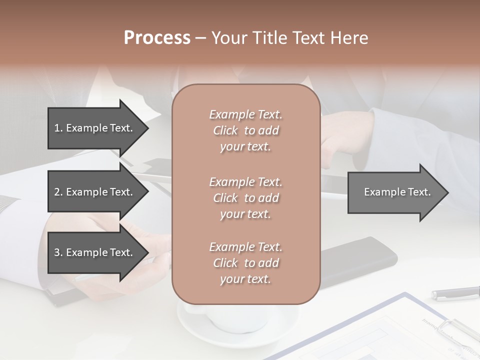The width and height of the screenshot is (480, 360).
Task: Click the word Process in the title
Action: click(157, 38)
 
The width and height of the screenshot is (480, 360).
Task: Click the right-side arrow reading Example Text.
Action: click(397, 192)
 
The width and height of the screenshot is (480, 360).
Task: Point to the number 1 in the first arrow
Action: click(57, 128)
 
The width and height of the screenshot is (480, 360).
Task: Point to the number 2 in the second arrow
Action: click(57, 192)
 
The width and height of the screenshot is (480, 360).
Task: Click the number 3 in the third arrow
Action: click(57, 252)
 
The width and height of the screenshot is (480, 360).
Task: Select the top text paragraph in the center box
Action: click(245, 130)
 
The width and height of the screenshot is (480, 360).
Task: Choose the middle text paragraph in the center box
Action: click(245, 198)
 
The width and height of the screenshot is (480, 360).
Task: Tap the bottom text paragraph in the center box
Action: click(245, 263)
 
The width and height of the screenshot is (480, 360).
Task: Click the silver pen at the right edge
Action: click(455, 293)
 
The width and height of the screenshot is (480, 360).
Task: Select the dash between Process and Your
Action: click(201, 38)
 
